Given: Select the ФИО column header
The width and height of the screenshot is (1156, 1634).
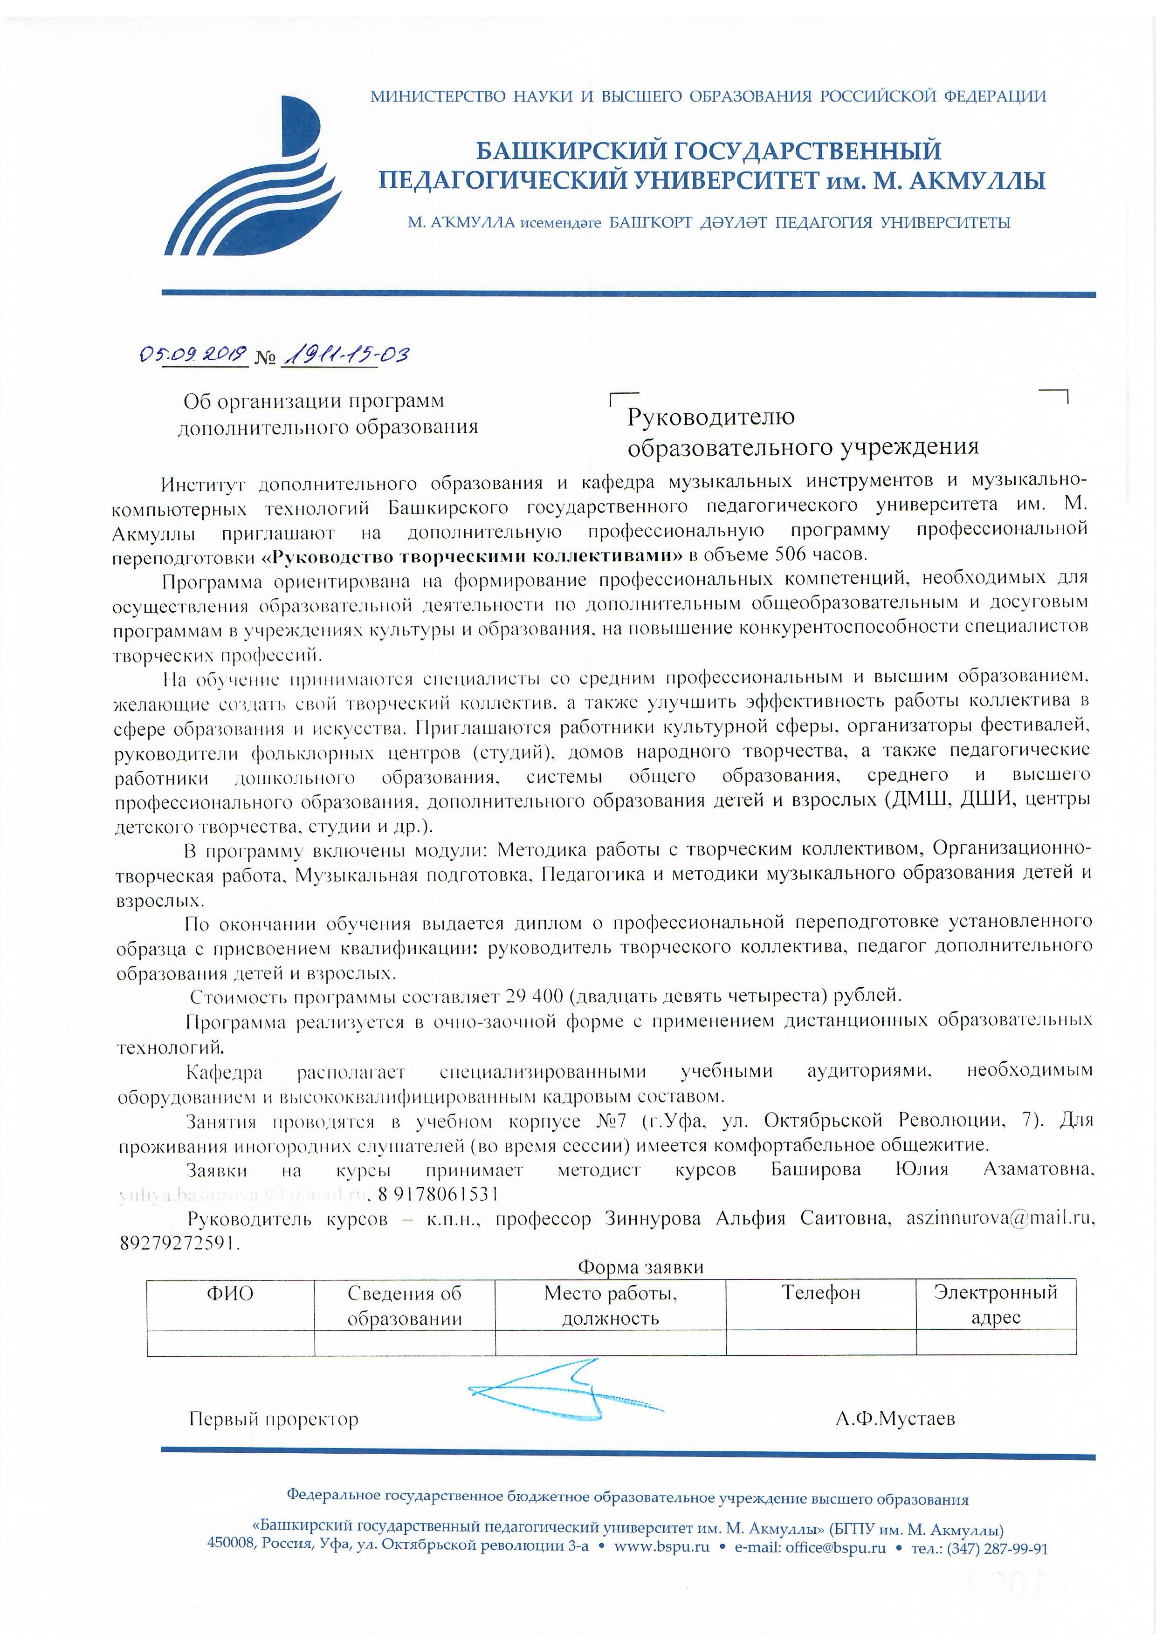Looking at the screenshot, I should point(230,1293).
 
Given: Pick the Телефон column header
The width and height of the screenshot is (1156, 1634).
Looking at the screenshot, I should point(821,1293).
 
